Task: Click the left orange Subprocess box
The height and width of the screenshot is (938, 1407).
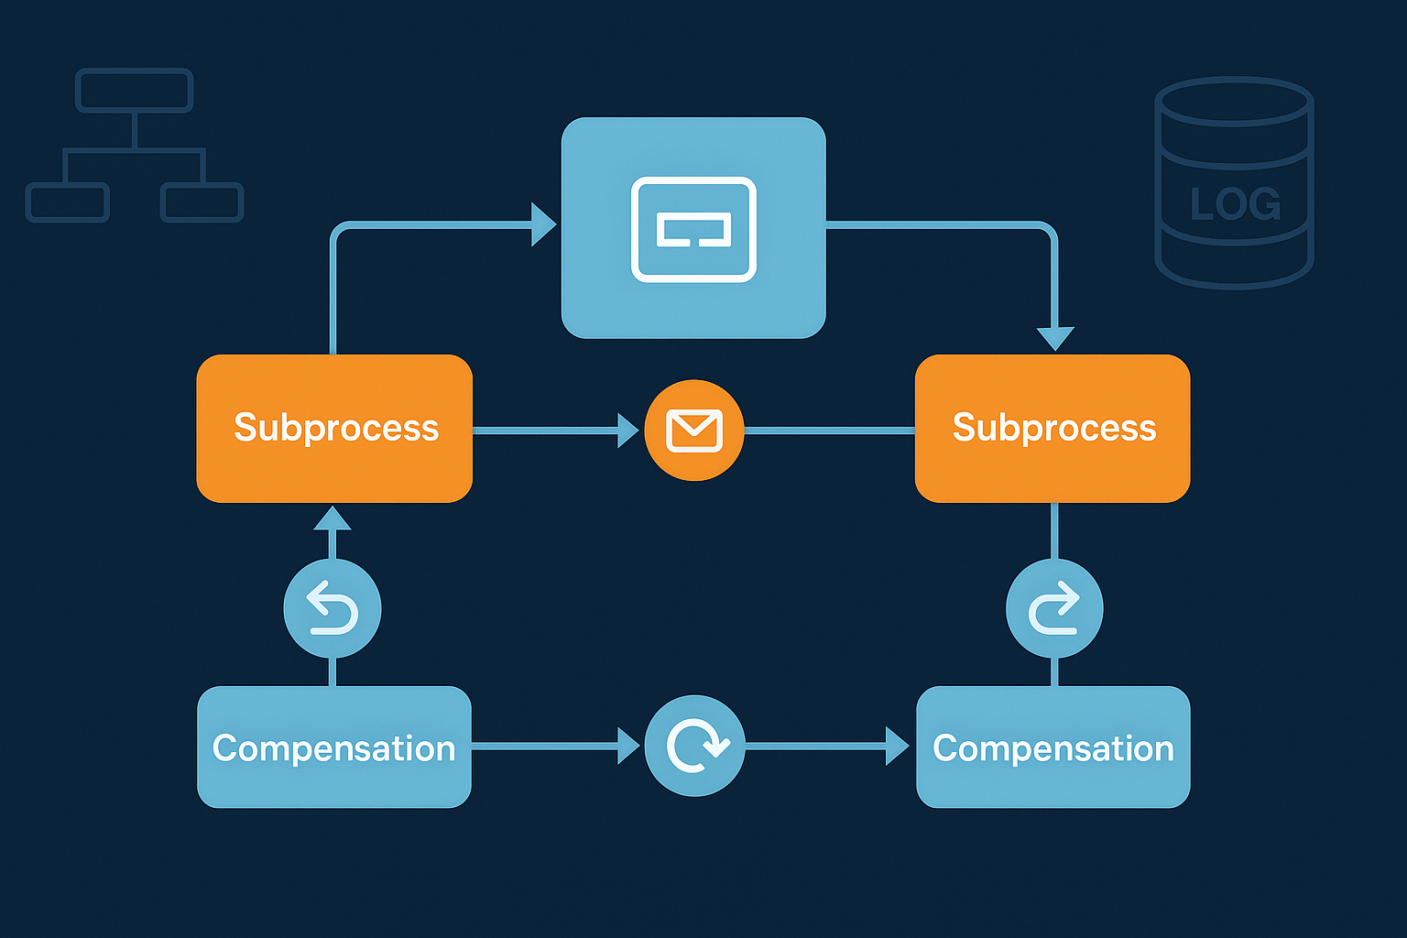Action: [x=334, y=428]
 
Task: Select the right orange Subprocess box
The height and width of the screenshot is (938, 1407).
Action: [x=1053, y=428]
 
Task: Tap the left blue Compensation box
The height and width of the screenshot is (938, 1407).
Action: [x=334, y=747]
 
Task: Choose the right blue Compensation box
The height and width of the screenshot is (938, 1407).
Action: [x=1053, y=747]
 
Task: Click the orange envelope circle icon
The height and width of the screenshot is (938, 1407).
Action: [x=694, y=431]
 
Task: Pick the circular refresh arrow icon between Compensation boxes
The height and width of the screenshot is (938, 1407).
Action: [x=694, y=746]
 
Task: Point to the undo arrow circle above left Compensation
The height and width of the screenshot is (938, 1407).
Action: [x=333, y=609]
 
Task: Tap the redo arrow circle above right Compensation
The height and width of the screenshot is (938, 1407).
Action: [x=1054, y=609]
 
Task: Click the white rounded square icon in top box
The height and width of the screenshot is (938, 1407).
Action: [x=693, y=229]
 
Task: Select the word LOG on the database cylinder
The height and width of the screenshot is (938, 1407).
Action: [x=1235, y=204]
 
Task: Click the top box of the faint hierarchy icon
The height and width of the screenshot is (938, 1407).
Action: [x=134, y=91]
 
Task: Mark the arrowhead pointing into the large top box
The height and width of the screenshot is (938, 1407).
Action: [x=544, y=224]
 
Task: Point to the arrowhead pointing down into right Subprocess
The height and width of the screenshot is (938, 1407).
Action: [x=1055, y=339]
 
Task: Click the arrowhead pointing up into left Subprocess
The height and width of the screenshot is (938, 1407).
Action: [x=333, y=518]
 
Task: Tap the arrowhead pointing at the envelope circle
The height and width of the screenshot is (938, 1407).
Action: [x=628, y=431]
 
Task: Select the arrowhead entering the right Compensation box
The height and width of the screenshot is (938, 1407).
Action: [x=897, y=746]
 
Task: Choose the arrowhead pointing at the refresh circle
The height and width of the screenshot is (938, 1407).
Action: [x=628, y=746]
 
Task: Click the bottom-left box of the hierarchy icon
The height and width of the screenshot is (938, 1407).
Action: [x=68, y=202]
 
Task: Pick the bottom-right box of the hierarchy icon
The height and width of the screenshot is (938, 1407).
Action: [x=202, y=202]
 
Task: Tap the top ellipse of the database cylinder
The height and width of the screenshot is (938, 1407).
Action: [x=1234, y=102]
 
